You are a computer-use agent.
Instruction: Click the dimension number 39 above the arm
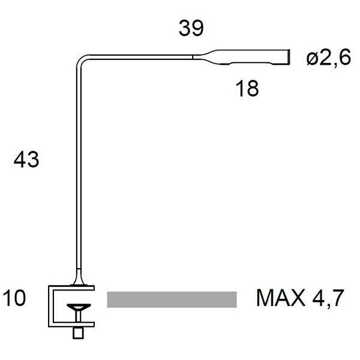pos(191,28)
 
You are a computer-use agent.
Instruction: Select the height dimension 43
pos(26,160)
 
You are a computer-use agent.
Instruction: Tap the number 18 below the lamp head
pos(247,88)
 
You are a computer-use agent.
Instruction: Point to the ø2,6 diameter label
pos(328,59)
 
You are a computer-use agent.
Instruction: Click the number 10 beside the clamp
pos(14,298)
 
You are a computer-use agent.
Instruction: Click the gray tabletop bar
pos(172,299)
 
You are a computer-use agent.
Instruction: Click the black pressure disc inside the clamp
pos(78,307)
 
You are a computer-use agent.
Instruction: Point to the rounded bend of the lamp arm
pos(82,60)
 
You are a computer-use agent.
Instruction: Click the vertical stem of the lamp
pos(77,168)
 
